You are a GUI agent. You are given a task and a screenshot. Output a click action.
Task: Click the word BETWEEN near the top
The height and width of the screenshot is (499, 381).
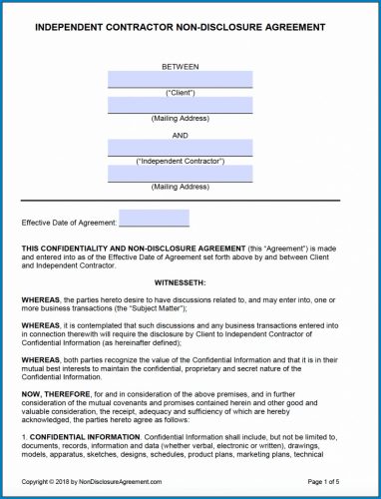[x=180, y=66]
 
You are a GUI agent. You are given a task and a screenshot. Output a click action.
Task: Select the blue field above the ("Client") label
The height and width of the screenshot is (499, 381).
[x=180, y=79]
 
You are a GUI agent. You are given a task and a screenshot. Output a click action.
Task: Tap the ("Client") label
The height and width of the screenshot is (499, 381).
[x=180, y=92]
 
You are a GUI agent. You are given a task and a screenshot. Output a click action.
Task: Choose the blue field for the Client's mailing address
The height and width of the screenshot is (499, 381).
[x=180, y=105]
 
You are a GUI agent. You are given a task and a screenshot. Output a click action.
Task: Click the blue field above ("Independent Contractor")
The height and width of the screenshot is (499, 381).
[x=180, y=147]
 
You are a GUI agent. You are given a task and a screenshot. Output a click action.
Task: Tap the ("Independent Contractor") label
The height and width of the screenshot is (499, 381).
[x=180, y=160]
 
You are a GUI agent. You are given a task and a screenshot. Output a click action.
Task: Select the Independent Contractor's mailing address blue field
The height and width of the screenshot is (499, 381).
[x=180, y=174]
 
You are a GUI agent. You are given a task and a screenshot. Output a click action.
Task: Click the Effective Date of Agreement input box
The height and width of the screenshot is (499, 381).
[x=154, y=219]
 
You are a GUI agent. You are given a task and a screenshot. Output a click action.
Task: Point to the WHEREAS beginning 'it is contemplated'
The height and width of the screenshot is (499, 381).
[x=39, y=324]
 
